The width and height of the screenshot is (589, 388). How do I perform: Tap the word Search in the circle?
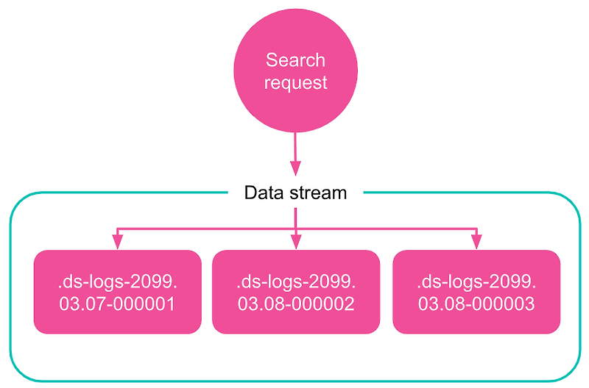coord(295,60)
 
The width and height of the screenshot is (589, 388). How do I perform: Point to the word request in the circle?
coord(295,82)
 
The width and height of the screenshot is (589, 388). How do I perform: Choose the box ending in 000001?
coord(117,292)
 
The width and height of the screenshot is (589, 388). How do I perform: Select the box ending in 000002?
coord(296,292)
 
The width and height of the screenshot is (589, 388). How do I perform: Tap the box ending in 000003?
coord(476,292)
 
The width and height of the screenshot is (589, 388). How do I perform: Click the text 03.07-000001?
coord(117,303)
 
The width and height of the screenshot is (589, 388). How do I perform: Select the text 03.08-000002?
coord(296,303)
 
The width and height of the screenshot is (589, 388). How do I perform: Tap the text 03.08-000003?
coord(476,303)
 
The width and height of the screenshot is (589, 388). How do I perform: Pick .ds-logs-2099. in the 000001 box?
coord(117,282)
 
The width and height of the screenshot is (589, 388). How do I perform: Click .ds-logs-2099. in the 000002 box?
coord(296,282)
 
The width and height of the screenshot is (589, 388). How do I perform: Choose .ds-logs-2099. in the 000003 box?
coord(476,282)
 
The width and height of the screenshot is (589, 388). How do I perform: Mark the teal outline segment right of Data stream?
coord(456,193)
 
